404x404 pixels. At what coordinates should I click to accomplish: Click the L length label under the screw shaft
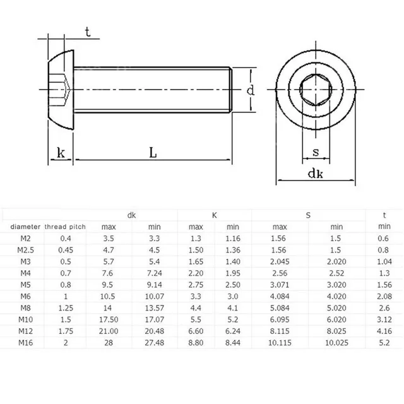click(153, 152)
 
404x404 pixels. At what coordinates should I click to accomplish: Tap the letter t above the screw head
click(88, 33)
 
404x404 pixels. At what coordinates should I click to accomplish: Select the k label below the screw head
click(61, 152)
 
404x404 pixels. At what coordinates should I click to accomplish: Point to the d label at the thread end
click(251, 91)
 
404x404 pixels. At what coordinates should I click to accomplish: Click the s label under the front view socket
click(314, 152)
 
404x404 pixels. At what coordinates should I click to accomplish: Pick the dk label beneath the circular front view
click(316, 173)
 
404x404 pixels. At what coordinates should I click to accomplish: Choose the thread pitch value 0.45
click(65, 249)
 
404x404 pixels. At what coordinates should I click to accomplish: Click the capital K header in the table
click(215, 215)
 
